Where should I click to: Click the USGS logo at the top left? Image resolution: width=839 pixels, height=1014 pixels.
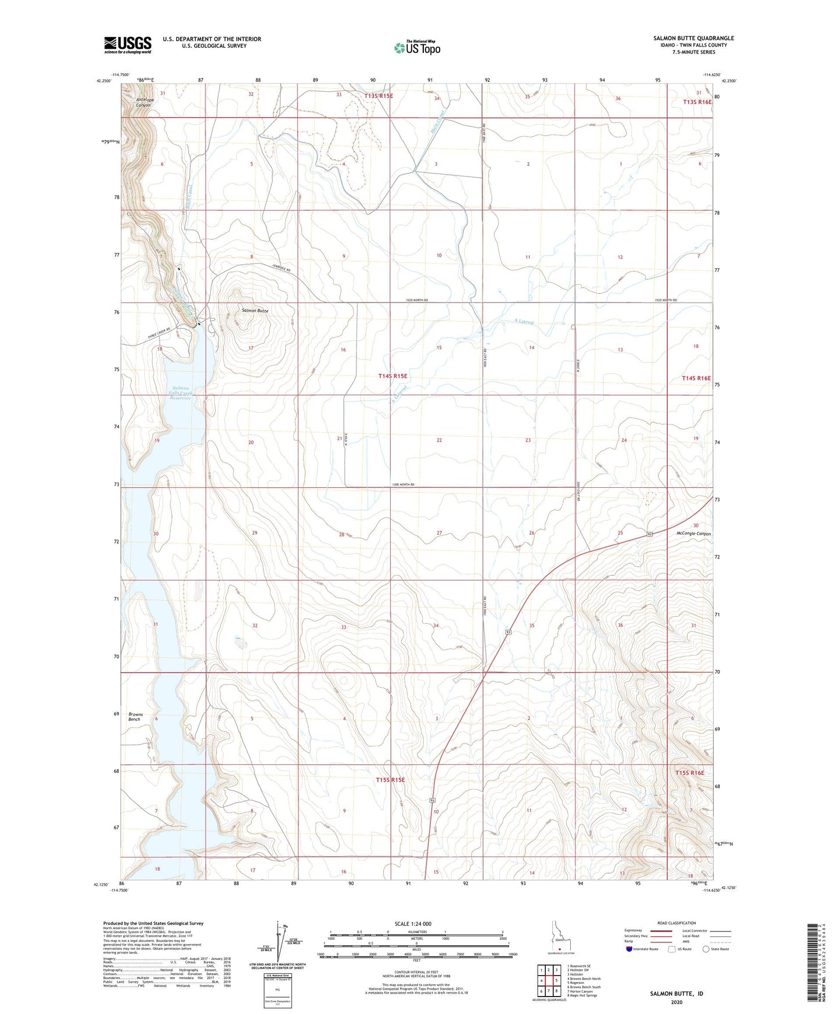(x=128, y=44)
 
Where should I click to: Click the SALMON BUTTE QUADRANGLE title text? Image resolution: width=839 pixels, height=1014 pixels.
(x=693, y=38)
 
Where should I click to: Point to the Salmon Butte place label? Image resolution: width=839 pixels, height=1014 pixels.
(x=255, y=311)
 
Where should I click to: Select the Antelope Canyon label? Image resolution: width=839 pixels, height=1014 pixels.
(x=143, y=102)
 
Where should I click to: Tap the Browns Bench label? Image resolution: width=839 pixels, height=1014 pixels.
(x=135, y=717)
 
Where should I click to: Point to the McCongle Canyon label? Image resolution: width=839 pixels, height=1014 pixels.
(x=693, y=534)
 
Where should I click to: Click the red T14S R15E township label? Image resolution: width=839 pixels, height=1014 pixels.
(x=393, y=376)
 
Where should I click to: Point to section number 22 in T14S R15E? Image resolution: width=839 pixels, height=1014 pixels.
(x=439, y=440)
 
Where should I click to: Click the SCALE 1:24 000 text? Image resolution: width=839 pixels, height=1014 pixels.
(x=413, y=924)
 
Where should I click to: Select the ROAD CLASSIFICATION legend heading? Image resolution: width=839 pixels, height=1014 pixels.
(x=676, y=923)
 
